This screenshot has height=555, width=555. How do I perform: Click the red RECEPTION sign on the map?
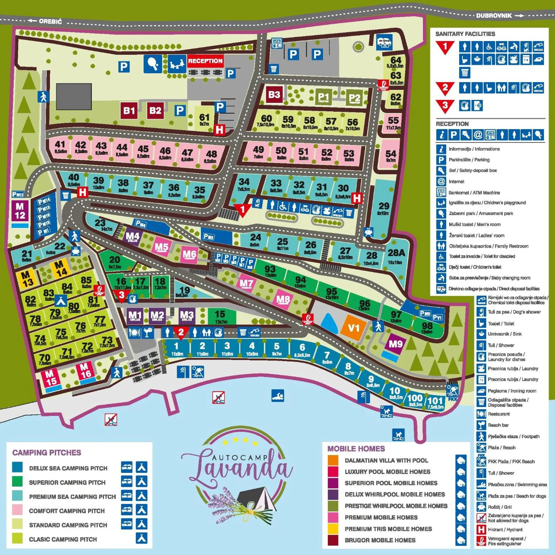[205, 61]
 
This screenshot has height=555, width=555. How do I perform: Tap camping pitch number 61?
[204, 119]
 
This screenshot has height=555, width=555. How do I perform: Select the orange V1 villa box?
[353, 328]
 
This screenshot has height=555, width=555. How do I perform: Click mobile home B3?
[274, 95]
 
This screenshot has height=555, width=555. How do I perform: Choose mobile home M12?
[20, 211]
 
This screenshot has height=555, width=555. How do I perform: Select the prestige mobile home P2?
[354, 99]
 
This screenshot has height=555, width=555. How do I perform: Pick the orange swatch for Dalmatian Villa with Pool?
[333, 460]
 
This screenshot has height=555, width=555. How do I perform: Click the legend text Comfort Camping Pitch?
[67, 511]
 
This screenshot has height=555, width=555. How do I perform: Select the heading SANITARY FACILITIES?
[465, 34]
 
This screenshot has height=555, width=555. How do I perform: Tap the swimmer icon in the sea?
[278, 396]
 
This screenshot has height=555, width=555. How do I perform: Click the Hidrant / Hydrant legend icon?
[481, 529]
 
